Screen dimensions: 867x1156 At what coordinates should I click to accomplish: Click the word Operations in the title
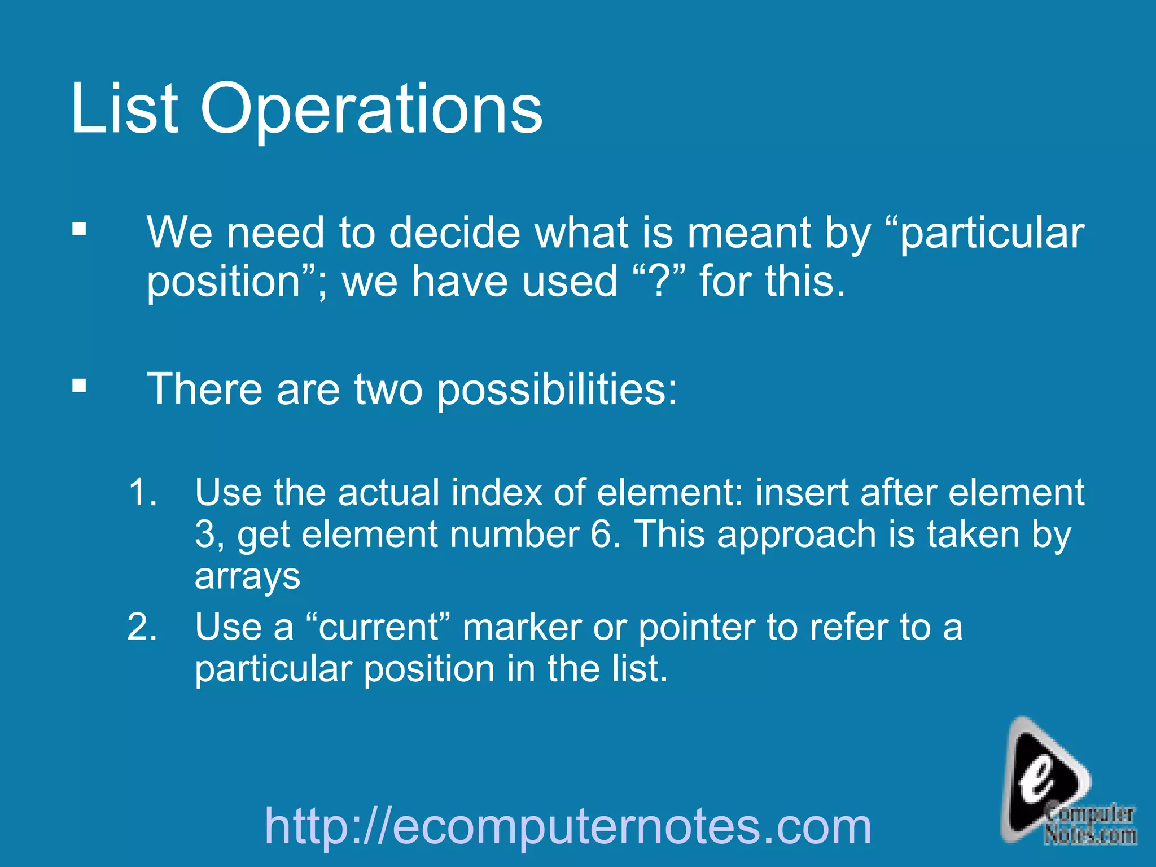[371, 109]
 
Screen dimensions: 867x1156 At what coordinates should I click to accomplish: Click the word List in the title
[125, 108]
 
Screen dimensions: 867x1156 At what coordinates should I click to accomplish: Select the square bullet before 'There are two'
[80, 386]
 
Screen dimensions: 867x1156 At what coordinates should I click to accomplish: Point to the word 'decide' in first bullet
[454, 233]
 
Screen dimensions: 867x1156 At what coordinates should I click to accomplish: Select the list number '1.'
[142, 492]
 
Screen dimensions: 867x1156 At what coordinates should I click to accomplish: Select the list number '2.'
[142, 627]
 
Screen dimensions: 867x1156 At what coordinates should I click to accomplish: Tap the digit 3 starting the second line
[204, 534]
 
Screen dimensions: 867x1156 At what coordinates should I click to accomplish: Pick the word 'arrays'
[247, 576]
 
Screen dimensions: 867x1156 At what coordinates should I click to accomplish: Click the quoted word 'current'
[378, 627]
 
